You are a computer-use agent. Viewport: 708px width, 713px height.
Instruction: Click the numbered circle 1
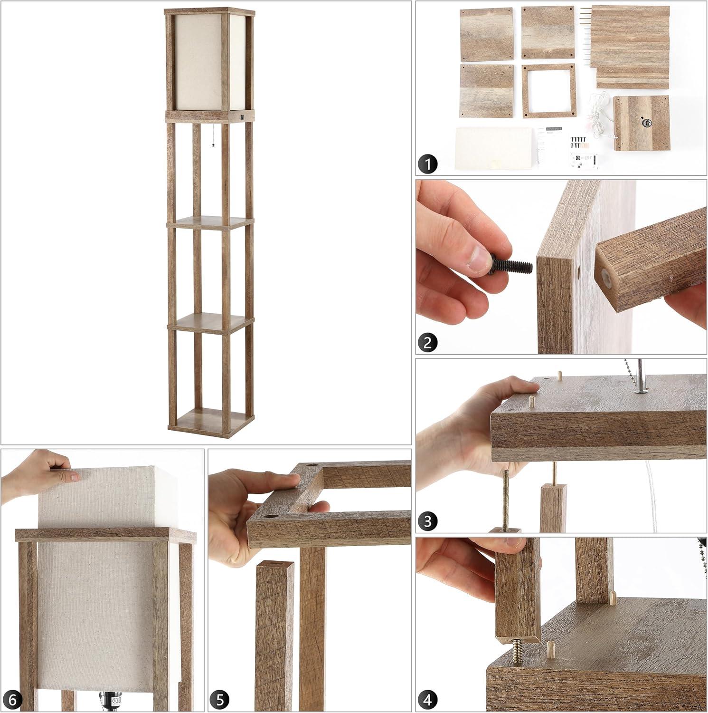pyautogui.click(x=428, y=164)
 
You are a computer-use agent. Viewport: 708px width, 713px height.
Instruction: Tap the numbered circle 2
pyautogui.click(x=428, y=342)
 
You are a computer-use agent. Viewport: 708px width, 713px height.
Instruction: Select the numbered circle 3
pyautogui.click(x=428, y=521)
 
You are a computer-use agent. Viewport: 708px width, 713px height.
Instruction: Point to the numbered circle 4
pyautogui.click(x=428, y=700)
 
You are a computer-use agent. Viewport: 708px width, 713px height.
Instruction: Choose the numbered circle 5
pyautogui.click(x=221, y=700)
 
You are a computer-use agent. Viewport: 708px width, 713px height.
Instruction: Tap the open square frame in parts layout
pyautogui.click(x=549, y=91)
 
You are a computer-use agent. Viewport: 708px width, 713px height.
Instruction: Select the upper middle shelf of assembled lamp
pyautogui.click(x=210, y=223)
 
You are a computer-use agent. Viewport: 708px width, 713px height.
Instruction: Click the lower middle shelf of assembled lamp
pyautogui.click(x=209, y=322)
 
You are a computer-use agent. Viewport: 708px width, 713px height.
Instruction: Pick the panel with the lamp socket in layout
pyautogui.click(x=641, y=124)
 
